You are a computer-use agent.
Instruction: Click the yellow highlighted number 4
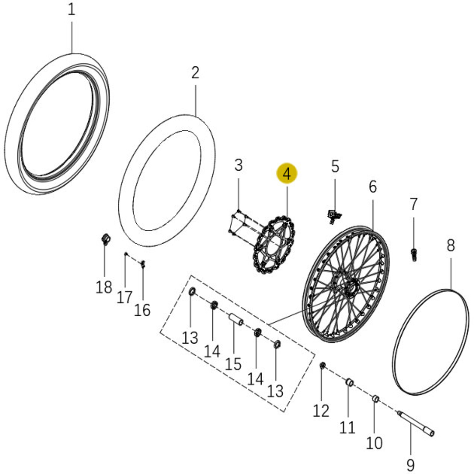[x=287, y=174]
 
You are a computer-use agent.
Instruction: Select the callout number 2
[x=195, y=73]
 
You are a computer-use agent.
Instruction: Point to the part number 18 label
[x=104, y=287]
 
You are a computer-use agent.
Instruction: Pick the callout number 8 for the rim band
[x=451, y=246]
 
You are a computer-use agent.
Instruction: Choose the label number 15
[x=233, y=364]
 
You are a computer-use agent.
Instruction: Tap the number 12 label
[x=321, y=411]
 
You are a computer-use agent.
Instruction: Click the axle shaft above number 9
[x=416, y=424]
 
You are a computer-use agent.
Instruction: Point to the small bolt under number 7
[x=413, y=255]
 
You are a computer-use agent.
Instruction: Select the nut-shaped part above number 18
[x=106, y=239]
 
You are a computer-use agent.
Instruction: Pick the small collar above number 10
[x=376, y=399]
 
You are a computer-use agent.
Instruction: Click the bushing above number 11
[x=349, y=382]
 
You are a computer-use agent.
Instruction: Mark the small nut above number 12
[x=323, y=366]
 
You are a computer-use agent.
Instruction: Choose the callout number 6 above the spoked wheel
[x=372, y=187]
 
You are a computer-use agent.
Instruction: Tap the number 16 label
[x=142, y=310]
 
